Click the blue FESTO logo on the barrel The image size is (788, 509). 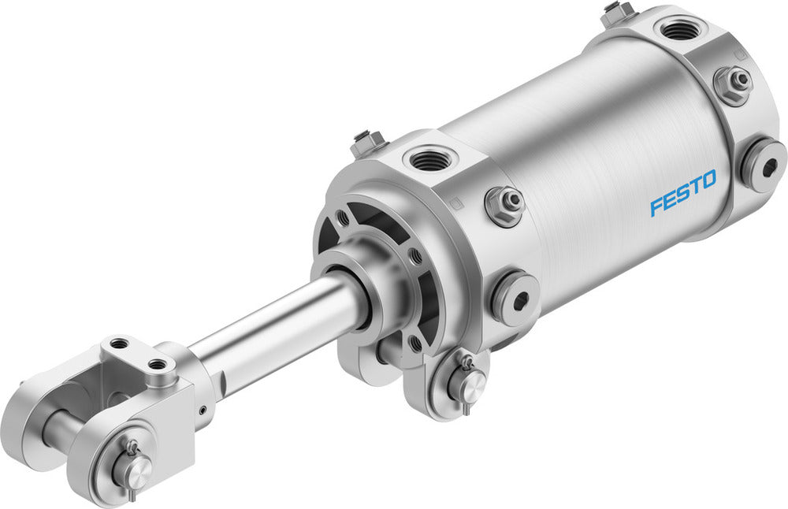pos(683,192)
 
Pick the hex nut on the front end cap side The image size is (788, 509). pos(505,205)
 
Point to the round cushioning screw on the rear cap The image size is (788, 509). pos(762,163)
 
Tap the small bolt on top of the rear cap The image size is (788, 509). pos(619,12)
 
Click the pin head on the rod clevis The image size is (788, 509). pos(136,470)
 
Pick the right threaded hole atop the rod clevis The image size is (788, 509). pos(160,364)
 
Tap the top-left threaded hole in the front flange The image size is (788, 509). pos(344,216)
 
